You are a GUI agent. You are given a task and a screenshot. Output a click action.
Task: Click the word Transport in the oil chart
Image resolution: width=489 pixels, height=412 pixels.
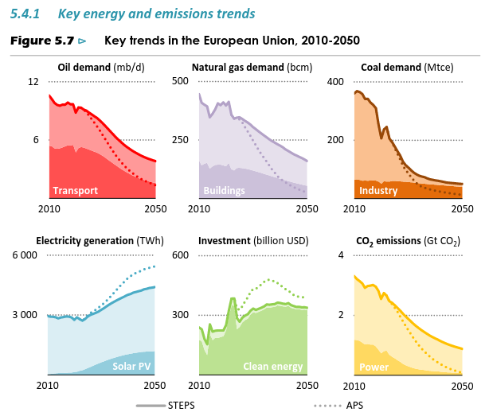point(76,191)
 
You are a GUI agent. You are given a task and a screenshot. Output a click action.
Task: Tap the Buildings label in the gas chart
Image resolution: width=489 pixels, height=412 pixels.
point(225,191)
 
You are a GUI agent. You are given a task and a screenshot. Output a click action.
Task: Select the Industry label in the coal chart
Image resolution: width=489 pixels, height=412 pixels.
point(378,191)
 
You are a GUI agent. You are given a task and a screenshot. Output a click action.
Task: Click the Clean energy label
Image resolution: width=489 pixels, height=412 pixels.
point(273,367)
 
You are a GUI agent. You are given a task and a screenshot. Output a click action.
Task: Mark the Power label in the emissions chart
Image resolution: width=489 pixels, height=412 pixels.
point(374,367)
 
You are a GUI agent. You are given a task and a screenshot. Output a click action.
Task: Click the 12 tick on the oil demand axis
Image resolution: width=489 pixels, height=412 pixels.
point(33,82)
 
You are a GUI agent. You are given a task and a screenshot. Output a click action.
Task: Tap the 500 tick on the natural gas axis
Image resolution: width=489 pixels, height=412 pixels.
point(180,82)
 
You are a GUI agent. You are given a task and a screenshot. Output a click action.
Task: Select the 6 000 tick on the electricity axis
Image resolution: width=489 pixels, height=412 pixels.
point(24,255)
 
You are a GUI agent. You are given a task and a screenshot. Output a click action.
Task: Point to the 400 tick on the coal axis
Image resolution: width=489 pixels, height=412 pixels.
point(334,82)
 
